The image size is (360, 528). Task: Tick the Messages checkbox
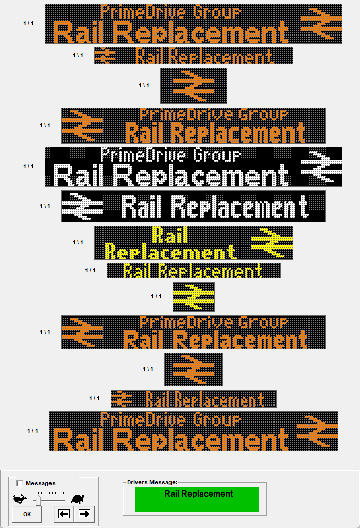tap(20, 483)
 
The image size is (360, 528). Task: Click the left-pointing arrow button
tap(64, 514)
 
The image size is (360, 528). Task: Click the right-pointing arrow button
tap(84, 514)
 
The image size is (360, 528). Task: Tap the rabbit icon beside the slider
tap(20, 498)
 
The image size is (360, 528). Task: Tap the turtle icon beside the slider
tap(78, 499)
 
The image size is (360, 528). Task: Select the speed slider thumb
tap(38, 501)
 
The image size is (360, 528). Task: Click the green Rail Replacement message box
tap(197, 499)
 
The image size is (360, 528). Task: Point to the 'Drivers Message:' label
tap(152, 482)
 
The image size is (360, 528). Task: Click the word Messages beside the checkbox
tap(41, 483)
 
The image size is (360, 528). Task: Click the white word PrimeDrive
tap(143, 155)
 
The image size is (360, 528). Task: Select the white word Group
tap(217, 155)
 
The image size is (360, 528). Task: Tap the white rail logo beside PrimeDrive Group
tap(321, 166)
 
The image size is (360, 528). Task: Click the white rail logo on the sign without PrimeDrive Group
tap(82, 206)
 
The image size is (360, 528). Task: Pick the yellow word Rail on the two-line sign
tap(170, 235)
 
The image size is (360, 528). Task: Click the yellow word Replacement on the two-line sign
tap(170, 252)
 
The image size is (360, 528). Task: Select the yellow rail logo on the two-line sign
tap(272, 242)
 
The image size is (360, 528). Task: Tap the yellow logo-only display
tap(194, 296)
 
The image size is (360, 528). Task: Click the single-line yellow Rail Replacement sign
tap(194, 271)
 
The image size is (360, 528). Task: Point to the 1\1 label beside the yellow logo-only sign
tap(156, 296)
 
